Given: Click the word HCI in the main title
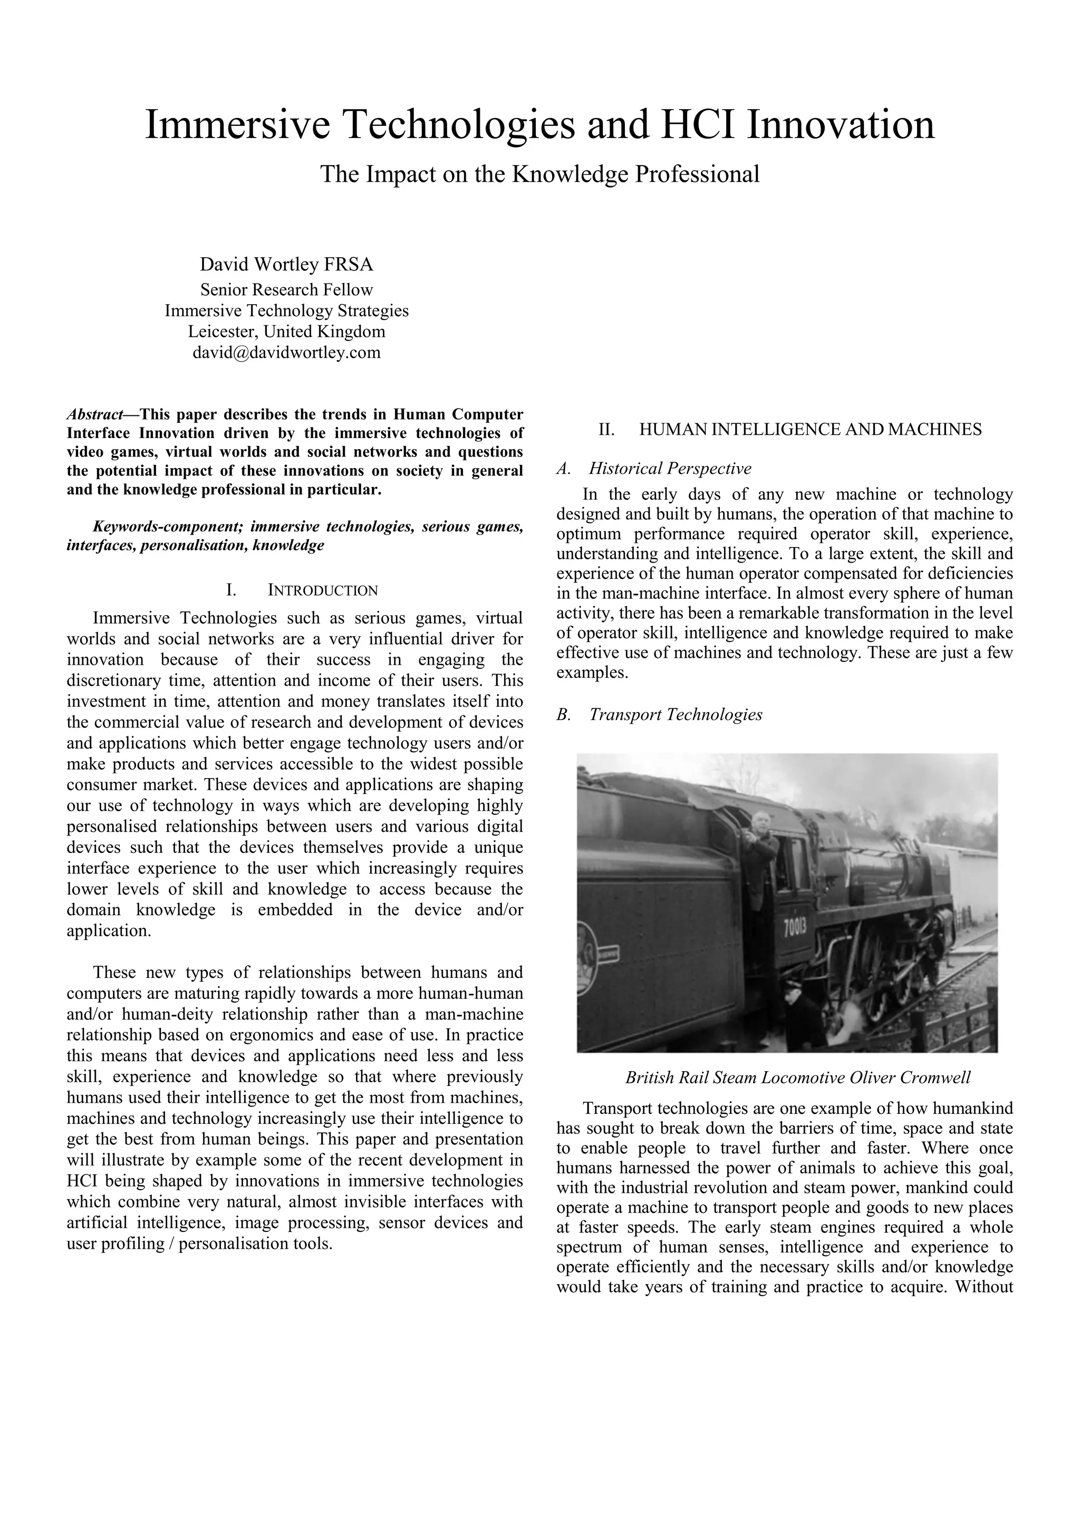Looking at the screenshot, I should point(698,125).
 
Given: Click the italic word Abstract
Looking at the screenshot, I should point(94,415).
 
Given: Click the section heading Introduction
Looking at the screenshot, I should point(323,590).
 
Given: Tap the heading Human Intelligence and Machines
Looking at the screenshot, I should point(810,430).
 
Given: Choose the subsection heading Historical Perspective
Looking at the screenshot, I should point(670,469).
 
